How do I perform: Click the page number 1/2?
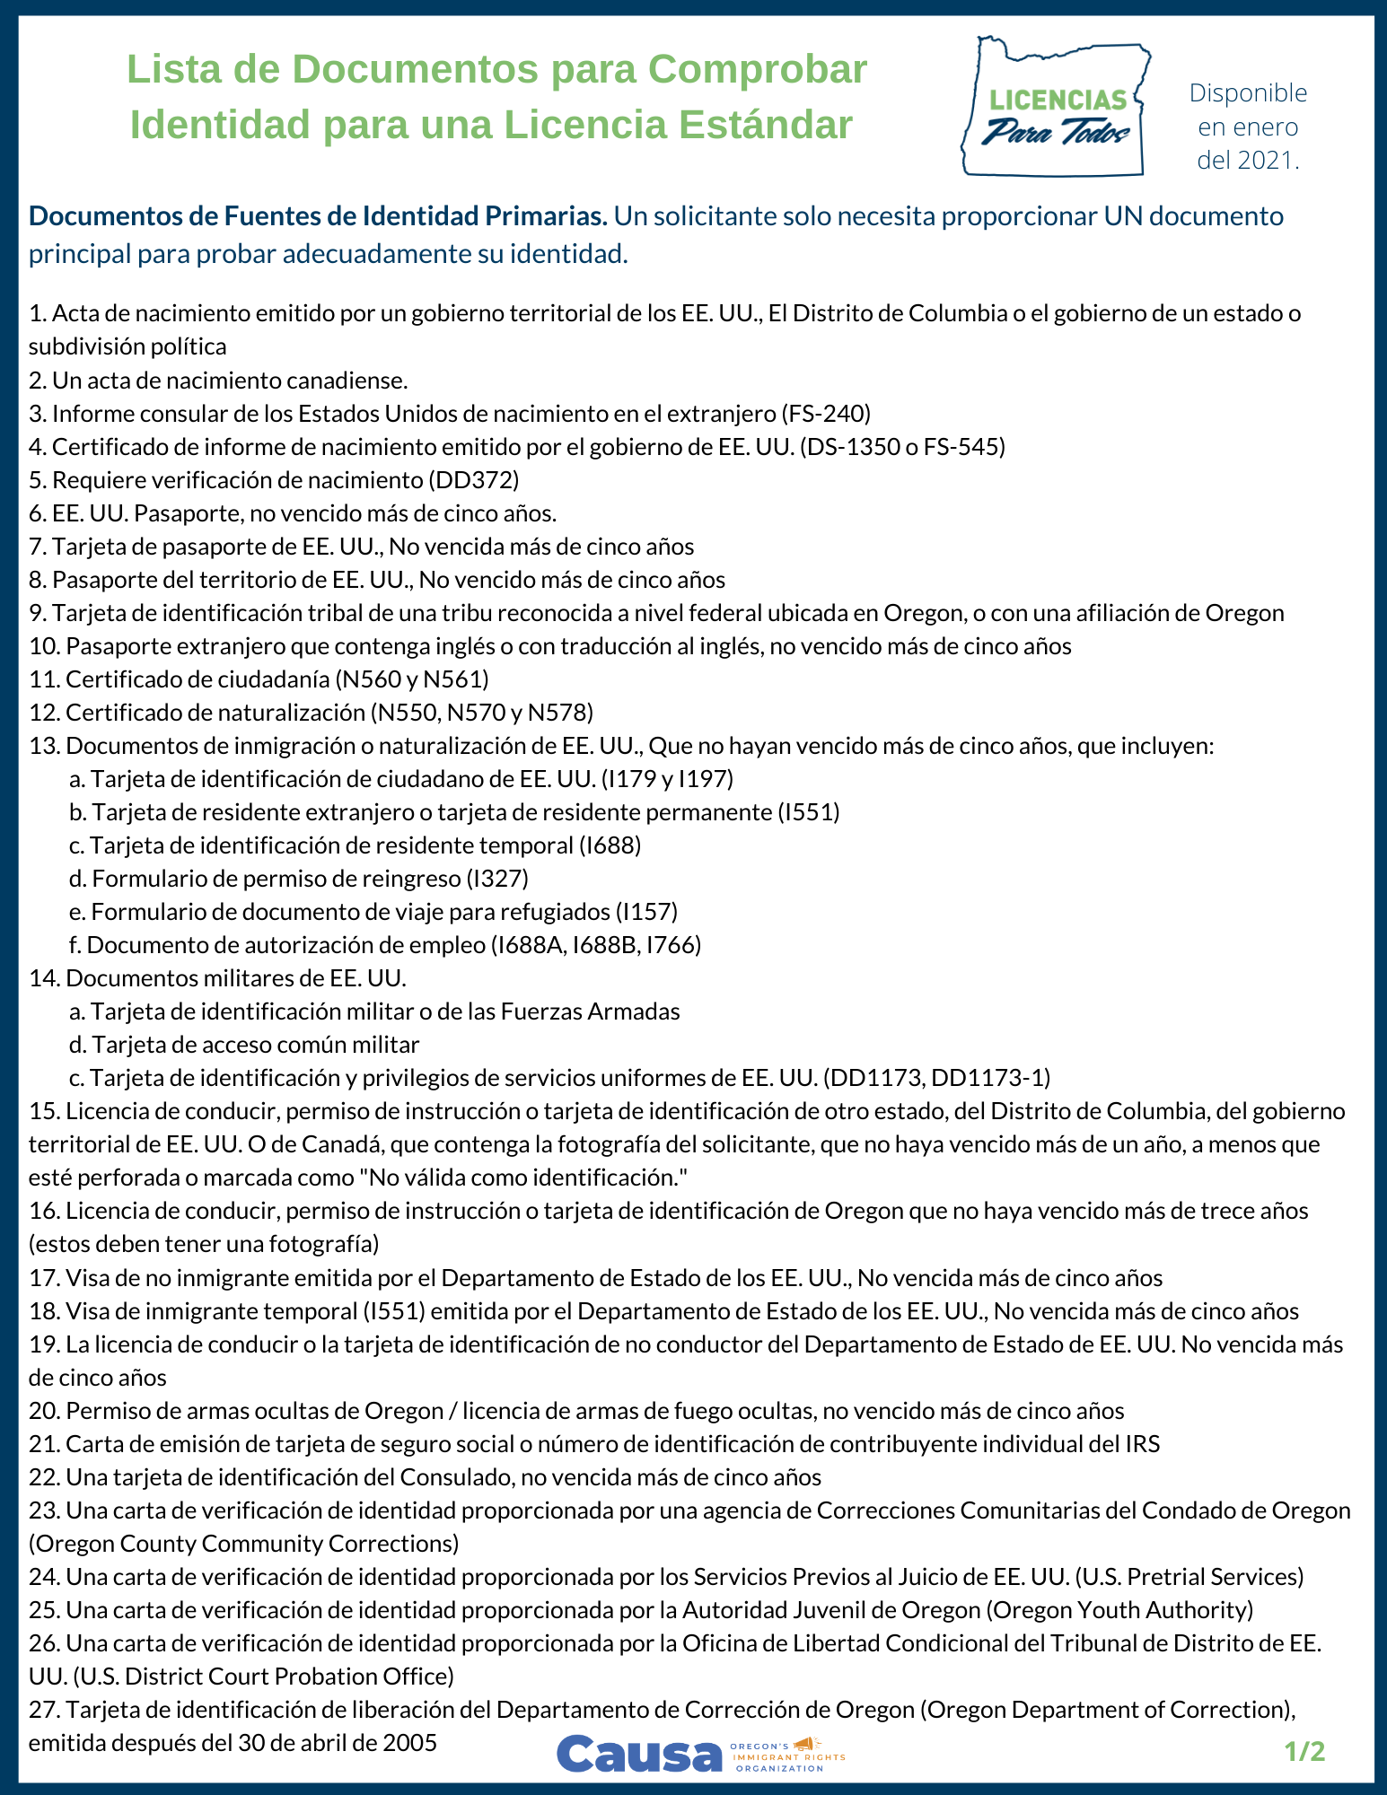(x=1304, y=1751)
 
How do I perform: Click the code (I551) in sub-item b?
(x=809, y=812)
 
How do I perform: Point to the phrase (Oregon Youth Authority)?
(x=1120, y=1610)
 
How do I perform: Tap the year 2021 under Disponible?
(x=1268, y=161)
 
